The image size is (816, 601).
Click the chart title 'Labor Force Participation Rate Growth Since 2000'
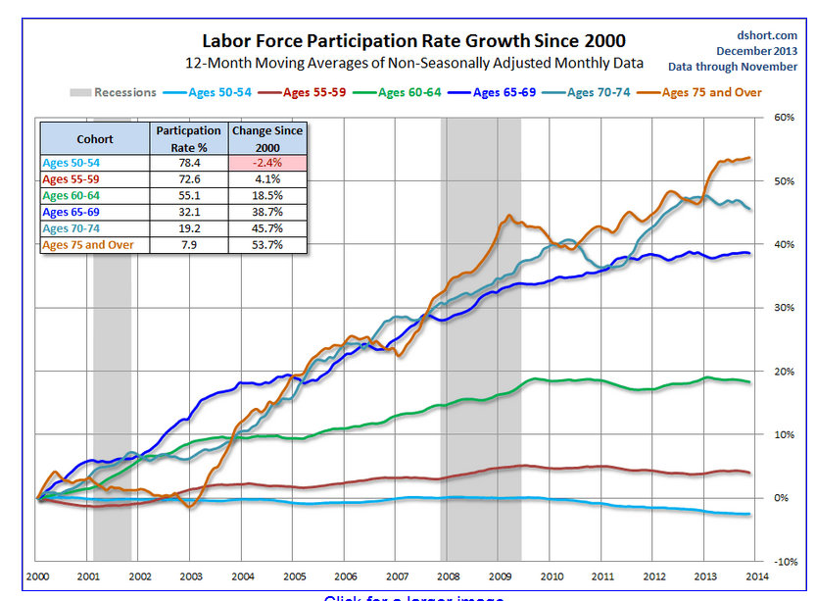(412, 41)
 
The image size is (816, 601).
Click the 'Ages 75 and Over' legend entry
(712, 92)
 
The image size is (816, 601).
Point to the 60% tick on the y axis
(783, 118)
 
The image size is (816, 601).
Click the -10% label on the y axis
(782, 562)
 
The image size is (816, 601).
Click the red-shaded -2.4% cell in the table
(267, 164)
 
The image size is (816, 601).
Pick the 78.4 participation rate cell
(188, 164)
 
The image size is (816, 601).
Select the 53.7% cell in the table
(267, 244)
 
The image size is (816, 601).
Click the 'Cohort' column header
(95, 139)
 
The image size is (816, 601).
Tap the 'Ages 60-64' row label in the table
(72, 196)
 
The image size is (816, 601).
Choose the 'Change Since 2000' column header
(267, 138)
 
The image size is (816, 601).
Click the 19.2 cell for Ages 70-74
(188, 228)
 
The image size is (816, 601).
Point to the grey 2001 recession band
(112, 343)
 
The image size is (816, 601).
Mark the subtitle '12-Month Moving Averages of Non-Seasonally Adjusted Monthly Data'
(414, 63)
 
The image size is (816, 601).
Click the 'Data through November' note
(733, 67)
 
